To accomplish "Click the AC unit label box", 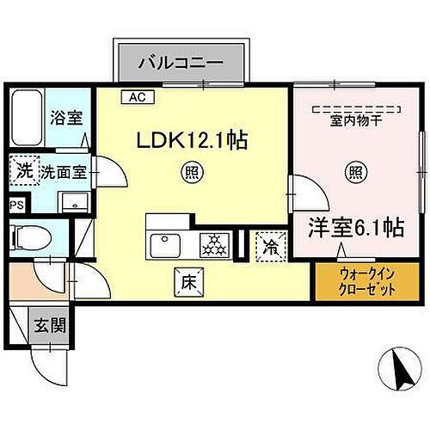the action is (x=138, y=97).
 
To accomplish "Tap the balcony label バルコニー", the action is (x=181, y=63).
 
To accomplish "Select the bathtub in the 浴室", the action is (x=27, y=118).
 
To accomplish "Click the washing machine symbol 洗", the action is (x=24, y=170).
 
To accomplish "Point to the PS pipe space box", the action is (x=17, y=206).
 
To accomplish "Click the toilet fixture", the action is (x=31, y=237).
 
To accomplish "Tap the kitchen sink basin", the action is (x=165, y=246).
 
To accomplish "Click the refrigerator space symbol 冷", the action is (x=271, y=247).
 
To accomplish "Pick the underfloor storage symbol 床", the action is (x=189, y=282).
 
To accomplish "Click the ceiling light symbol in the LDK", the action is (x=192, y=173).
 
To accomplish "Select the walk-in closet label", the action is (x=367, y=282).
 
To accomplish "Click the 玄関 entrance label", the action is (x=50, y=325).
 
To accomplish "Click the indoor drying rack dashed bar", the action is (x=356, y=109).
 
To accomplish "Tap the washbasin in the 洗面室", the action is (x=75, y=202).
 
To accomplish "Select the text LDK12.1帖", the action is (x=192, y=140).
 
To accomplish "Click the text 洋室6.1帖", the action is (x=356, y=228).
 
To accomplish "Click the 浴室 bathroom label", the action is (x=66, y=117).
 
